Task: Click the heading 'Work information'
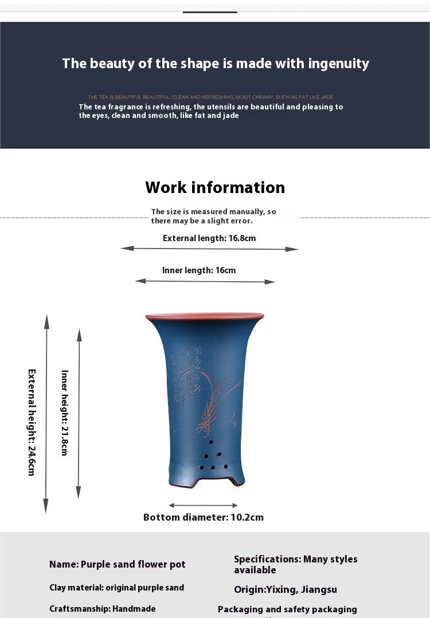(215, 187)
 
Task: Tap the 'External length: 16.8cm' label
(209, 238)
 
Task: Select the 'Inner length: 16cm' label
(199, 270)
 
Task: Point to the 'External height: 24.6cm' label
(32, 422)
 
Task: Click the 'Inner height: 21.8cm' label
(65, 412)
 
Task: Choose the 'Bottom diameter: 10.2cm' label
(204, 517)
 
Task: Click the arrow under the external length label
(209, 249)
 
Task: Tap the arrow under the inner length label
(205, 281)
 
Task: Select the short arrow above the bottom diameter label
(204, 505)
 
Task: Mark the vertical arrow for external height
(47, 412)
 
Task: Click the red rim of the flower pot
(205, 316)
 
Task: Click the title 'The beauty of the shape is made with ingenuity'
(216, 64)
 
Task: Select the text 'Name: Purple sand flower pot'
(118, 564)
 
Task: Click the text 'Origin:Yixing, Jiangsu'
(286, 589)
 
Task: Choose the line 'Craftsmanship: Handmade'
(103, 609)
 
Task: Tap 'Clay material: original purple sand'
(117, 588)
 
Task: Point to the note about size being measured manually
(213, 216)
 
